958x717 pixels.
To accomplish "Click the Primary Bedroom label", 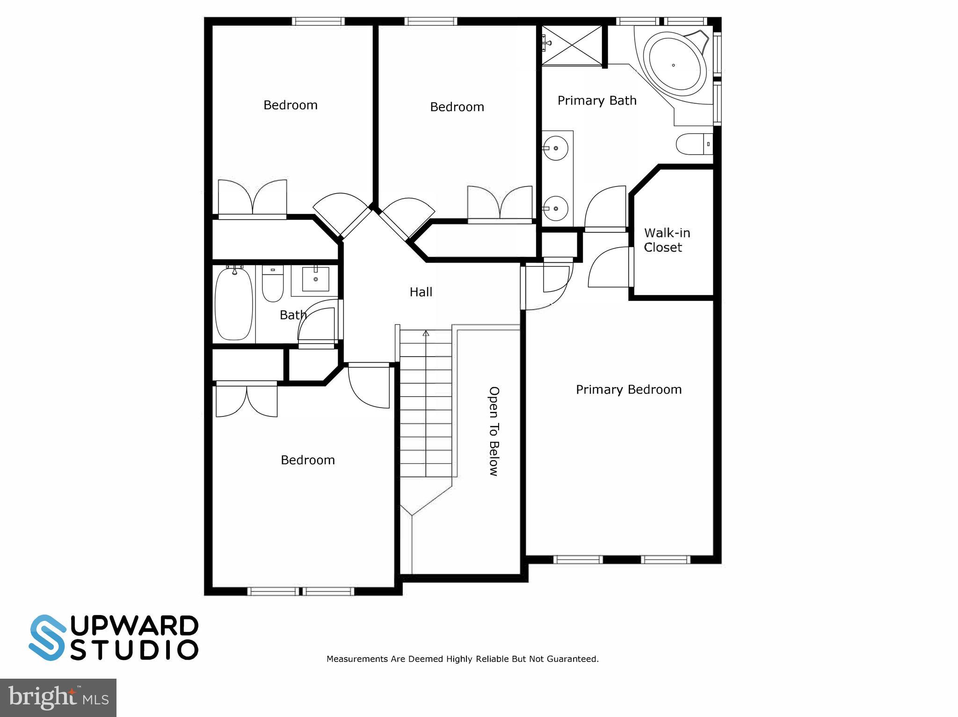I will pos(628,390).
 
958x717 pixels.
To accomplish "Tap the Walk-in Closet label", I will pos(667,240).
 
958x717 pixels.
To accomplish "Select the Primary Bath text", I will pos(597,100).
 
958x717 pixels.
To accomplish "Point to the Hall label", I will pos(421,292).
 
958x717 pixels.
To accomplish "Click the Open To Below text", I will pos(494,431).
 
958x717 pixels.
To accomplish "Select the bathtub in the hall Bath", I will pos(233,302).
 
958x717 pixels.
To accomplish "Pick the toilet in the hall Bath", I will pos(272,283).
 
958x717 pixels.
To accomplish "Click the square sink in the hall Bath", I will pos(315,279).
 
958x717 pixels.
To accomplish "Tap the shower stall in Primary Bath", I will pos(572,45).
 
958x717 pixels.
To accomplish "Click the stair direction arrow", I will pos(426,333).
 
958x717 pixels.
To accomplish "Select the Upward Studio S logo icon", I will pos(47,638).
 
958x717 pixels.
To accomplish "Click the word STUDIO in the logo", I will pos(134,650).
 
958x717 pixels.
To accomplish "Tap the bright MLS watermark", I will pos(58,697).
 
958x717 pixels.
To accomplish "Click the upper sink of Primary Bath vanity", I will pos(556,148).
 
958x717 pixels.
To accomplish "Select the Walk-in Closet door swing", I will pos(610,268).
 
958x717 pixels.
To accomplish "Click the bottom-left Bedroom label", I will pos(307,460).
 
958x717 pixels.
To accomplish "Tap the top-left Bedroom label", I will pos(290,105).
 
